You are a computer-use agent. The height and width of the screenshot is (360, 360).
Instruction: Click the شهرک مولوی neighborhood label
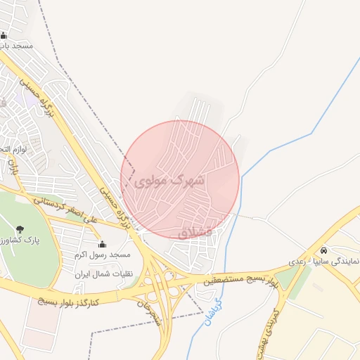point(173,181)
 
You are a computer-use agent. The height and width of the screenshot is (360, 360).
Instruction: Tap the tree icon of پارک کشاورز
point(19,229)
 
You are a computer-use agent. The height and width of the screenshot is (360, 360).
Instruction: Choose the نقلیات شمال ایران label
point(106,274)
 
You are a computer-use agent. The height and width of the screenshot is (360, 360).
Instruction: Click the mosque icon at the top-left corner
point(4,35)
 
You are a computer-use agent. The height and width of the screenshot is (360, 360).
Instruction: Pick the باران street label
point(13,167)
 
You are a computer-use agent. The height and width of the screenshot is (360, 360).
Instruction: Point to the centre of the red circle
point(180,179)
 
